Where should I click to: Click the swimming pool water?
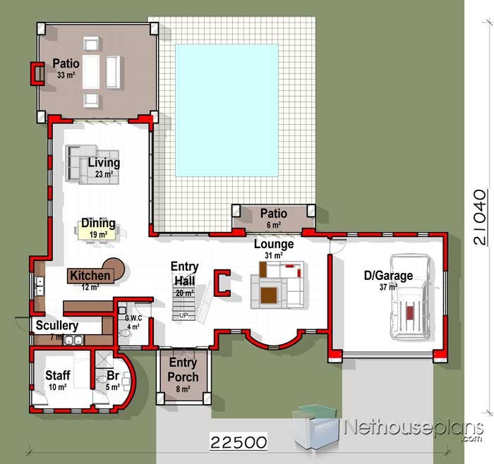[x=227, y=111]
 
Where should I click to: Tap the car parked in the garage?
[x=410, y=298]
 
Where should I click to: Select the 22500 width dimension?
[x=239, y=442]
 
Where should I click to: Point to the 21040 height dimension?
[x=480, y=217]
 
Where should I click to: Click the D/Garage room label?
[x=388, y=276]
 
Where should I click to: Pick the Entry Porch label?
[x=183, y=370]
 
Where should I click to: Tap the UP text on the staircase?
[x=183, y=315]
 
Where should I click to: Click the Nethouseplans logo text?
[x=414, y=429]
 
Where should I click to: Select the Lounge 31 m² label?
[x=274, y=249]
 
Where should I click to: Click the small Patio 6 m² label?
[x=274, y=218]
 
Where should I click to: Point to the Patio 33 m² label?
[x=66, y=68]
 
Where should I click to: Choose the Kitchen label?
[x=90, y=276]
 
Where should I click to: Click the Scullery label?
[x=57, y=326]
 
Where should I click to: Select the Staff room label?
[x=58, y=375]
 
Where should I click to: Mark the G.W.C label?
[x=133, y=318]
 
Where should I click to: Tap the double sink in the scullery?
[x=73, y=341]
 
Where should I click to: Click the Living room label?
[x=104, y=163]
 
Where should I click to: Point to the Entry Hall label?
[x=185, y=274]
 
